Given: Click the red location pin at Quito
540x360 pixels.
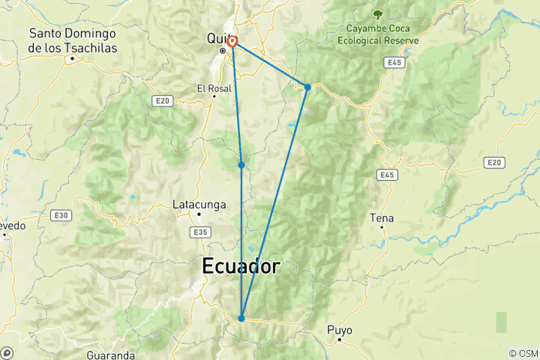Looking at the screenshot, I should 233,42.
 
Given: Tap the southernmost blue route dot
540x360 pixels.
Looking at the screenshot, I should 241,318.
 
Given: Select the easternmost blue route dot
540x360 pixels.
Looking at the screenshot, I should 307,87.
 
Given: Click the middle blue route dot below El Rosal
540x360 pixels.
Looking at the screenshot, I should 241,164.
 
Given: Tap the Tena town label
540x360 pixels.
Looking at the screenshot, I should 382,218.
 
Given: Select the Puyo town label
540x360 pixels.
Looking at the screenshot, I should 339,330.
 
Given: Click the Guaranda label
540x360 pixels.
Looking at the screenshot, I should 111,354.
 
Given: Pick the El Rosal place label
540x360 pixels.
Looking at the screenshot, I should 214,88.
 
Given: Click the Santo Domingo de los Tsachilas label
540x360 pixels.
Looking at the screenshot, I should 72,40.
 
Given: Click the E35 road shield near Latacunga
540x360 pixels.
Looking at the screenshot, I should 199,233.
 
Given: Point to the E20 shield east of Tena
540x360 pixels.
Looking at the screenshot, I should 492,162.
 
